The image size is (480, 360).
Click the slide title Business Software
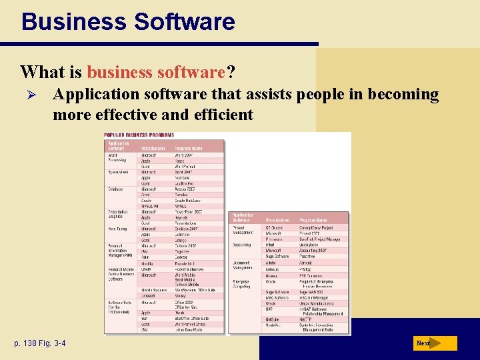coord(128,21)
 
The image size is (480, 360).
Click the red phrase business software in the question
coord(157,71)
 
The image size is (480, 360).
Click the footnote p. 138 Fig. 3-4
coord(41,343)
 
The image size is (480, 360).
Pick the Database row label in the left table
coord(116,189)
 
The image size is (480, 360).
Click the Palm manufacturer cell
coord(145,257)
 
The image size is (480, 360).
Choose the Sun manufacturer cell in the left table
coord(144,318)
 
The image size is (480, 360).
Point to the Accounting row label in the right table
coord(243,245)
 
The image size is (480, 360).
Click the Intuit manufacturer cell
coord(271,245)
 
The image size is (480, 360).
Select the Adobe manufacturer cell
coord(271,263)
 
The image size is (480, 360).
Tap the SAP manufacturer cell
coord(270,308)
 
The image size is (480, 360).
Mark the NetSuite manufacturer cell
coord(273,319)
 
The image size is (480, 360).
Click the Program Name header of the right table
coord(313,219)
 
